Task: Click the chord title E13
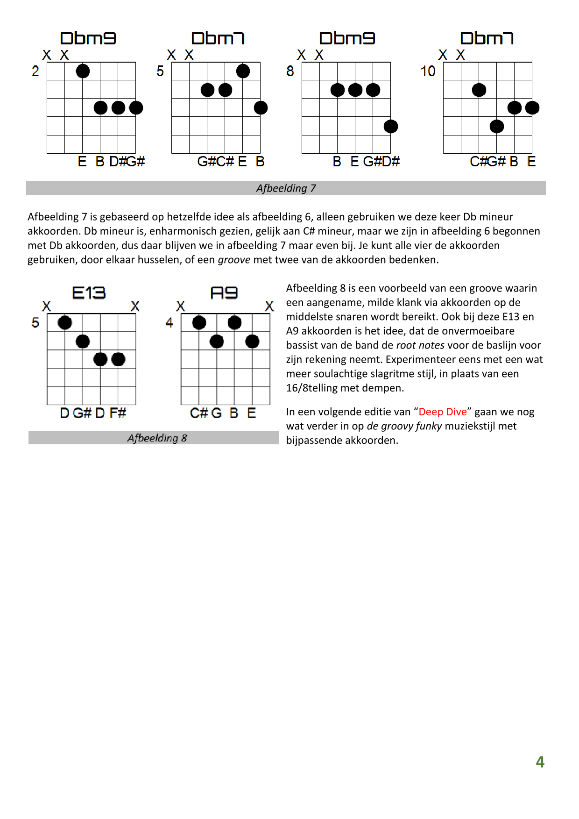89,293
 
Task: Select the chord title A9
224,293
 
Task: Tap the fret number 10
428,71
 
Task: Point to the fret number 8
290,71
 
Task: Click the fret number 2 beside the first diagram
35,71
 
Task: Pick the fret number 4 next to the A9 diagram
169,322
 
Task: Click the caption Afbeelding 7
286,188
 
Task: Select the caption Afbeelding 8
157,438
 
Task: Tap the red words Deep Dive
443,412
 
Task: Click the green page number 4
540,762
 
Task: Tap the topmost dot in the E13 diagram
65,322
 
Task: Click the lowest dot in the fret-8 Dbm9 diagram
391,126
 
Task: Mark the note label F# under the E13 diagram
118,413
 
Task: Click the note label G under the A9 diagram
216,413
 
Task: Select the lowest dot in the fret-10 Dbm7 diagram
497,126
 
